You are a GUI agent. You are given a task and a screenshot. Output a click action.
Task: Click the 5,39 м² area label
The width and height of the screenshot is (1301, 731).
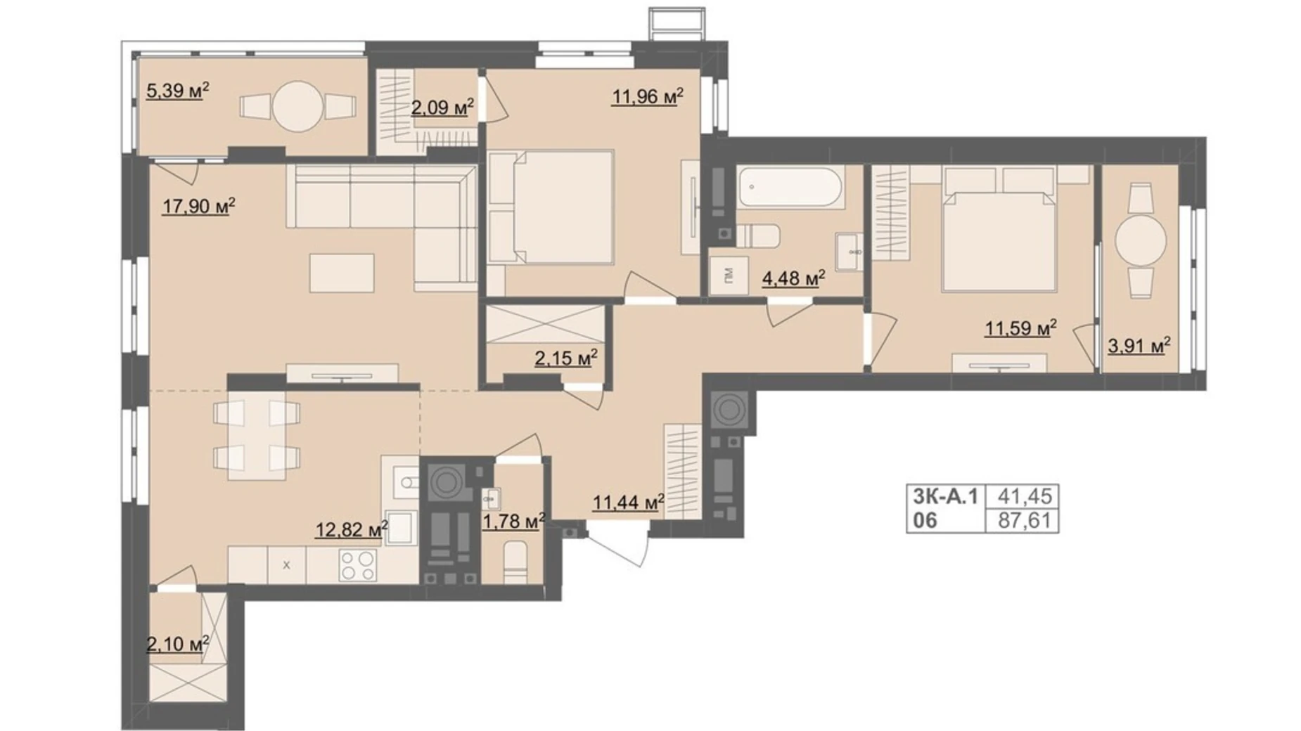pos(177,91)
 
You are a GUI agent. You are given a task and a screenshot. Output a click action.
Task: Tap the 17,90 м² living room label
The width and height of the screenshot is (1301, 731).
pos(198,207)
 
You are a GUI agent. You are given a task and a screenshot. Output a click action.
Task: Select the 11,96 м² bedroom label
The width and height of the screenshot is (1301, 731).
pos(647,96)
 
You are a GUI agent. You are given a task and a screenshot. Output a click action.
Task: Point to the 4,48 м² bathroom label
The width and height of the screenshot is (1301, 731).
pos(793,279)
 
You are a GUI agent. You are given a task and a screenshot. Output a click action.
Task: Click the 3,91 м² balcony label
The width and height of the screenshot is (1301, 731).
pos(1139,345)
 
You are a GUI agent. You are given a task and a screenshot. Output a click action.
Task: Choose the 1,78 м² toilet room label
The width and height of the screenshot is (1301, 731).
pos(513,522)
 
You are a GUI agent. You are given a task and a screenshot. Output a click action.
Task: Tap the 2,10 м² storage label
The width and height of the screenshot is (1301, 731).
pos(177,644)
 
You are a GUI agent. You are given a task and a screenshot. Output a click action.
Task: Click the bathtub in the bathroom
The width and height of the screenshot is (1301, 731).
pos(790,187)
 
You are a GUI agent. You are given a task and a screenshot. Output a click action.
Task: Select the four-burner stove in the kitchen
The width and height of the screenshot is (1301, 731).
pos(357,565)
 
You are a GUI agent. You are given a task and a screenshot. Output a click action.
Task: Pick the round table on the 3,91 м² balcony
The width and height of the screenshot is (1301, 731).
pos(1140,240)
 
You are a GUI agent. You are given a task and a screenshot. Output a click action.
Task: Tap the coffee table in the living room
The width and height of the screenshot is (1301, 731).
pos(342,273)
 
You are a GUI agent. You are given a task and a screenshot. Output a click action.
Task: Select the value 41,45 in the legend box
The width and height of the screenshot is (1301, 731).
pos(1025,496)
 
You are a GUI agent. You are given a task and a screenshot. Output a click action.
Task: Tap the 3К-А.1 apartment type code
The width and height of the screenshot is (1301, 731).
pos(945,496)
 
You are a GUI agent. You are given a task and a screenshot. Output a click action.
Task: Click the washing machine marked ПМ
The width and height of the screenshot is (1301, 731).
pos(729,277)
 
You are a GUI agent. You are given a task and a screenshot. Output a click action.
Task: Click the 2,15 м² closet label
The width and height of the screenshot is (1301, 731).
pos(566,358)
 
